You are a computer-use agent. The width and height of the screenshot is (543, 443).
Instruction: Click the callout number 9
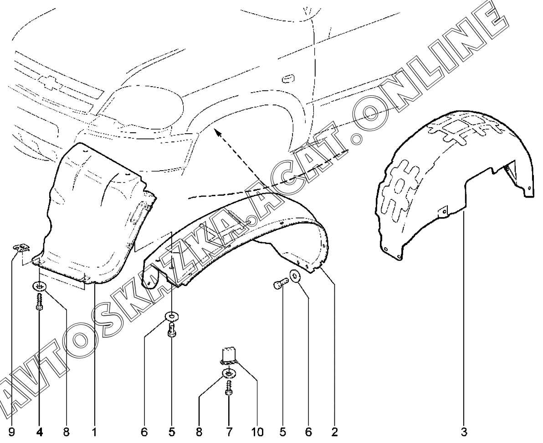point(11,432)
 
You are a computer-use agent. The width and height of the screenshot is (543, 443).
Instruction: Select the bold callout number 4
point(40,432)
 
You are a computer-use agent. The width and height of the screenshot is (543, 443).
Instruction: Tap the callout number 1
point(94,432)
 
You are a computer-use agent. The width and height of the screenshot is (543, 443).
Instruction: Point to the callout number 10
point(256,432)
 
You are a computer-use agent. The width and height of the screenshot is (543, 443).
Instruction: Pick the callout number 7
point(229,432)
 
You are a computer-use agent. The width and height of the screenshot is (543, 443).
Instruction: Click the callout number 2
point(334,432)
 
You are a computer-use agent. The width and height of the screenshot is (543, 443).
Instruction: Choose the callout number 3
point(464,432)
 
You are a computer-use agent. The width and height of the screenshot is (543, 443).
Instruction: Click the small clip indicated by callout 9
point(22,247)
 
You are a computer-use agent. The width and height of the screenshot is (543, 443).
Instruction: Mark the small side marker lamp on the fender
point(288,78)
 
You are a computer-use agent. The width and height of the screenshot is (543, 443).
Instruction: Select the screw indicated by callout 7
point(229,388)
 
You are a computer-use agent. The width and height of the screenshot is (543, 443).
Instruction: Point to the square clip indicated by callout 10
point(227,357)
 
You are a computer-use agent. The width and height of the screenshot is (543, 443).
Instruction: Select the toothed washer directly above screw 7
point(229,374)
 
